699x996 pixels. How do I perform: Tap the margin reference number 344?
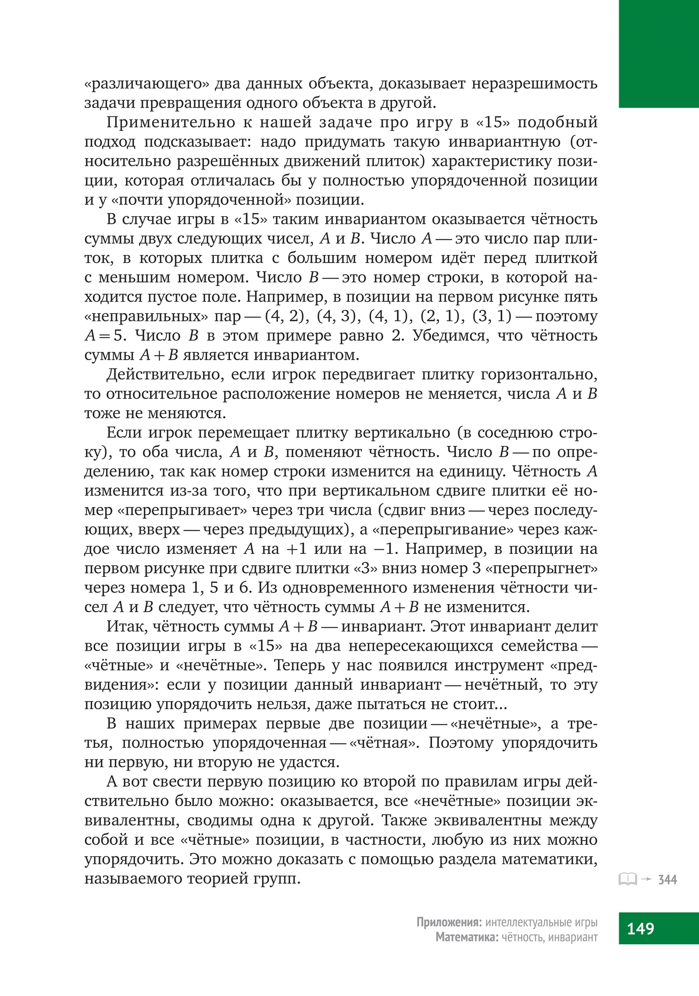668,880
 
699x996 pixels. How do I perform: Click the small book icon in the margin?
628,879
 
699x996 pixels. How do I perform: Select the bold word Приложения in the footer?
449,923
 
